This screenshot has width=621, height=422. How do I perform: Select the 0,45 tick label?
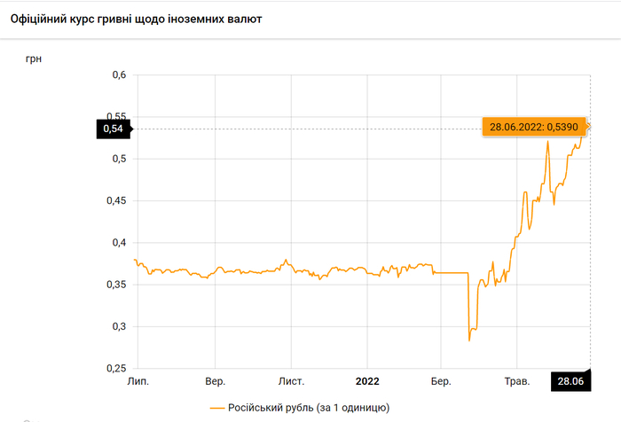coord(116,201)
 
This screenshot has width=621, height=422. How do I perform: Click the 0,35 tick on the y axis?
coord(116,285)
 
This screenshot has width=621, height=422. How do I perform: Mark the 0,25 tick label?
coord(116,368)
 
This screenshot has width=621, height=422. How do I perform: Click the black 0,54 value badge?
coord(113,129)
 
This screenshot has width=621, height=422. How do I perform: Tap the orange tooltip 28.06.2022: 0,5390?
coord(534,127)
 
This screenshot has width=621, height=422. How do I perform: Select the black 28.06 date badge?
coord(570,381)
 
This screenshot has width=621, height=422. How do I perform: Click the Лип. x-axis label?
coord(138,381)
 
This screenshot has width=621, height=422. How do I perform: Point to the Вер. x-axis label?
coord(215,381)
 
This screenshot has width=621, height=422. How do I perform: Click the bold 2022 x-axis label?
coord(367,381)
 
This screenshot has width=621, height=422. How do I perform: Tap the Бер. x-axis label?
coord(441,381)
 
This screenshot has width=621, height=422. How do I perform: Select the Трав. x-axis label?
coord(517,381)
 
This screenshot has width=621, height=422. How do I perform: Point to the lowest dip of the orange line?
coord(469,340)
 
